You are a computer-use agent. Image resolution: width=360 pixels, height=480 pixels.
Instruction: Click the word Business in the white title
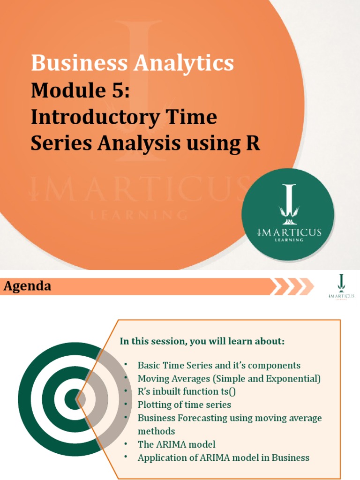[x=70, y=63]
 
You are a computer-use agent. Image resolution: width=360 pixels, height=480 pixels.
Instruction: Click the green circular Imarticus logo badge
[x=288, y=215]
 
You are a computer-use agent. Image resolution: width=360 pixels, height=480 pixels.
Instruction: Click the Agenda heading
[x=28, y=286]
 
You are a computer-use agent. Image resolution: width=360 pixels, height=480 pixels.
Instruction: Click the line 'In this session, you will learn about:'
[x=202, y=341]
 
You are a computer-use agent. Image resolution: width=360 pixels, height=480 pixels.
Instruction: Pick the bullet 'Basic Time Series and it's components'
[x=219, y=365]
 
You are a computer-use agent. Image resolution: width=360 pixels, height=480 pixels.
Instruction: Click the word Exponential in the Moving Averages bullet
[x=293, y=378]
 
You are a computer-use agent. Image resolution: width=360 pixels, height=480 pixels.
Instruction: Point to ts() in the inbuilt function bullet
[x=242, y=391]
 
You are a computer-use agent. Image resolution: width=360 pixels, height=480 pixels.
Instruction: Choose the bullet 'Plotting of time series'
[x=184, y=404]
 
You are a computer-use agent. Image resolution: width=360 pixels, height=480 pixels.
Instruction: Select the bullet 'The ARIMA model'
[x=176, y=444]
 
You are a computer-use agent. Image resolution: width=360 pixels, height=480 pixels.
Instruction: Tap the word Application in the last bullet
[x=160, y=457]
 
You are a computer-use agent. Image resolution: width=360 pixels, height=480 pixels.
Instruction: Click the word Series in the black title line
[x=60, y=143]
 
